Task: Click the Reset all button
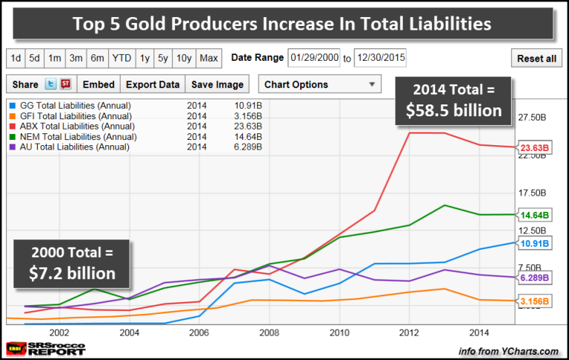pyautogui.click(x=536, y=59)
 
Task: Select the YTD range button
pyautogui.click(x=121, y=58)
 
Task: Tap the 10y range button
pyautogui.click(x=184, y=58)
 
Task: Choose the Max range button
pyautogui.click(x=209, y=58)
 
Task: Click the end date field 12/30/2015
pyautogui.click(x=380, y=58)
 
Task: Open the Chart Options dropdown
pyautogui.click(x=319, y=84)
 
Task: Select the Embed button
pyautogui.click(x=99, y=84)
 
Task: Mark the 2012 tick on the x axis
pyautogui.click(x=409, y=332)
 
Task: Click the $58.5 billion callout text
pyautogui.click(x=453, y=112)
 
